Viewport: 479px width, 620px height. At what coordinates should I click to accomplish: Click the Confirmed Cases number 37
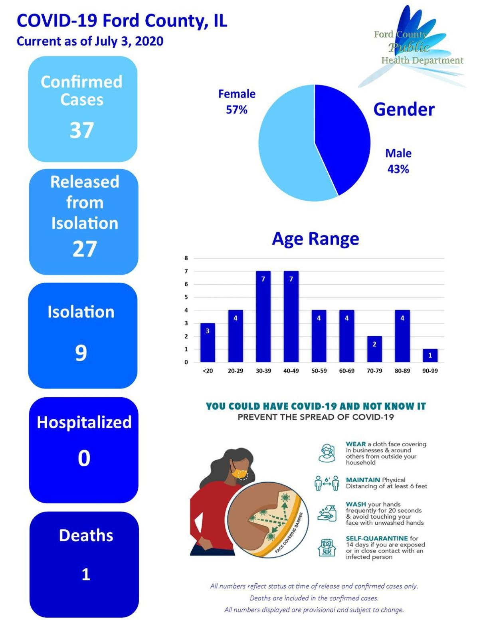82,130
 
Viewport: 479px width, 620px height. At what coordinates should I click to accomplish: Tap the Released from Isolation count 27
85,249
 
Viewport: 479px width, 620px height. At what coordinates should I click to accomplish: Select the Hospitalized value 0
84,458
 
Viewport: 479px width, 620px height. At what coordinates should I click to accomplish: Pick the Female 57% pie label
237,102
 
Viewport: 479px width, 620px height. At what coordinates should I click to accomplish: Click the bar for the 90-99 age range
430,355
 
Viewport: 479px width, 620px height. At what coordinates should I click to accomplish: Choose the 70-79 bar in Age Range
374,349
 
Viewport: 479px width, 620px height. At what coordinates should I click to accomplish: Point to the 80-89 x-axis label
402,371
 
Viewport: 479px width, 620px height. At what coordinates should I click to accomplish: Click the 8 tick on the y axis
186,258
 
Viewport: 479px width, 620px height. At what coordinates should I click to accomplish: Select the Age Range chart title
315,239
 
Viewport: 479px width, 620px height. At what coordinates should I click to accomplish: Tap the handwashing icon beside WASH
327,513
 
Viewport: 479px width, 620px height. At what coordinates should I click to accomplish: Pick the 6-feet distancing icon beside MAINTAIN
327,483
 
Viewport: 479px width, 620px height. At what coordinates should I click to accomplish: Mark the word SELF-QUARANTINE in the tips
376,539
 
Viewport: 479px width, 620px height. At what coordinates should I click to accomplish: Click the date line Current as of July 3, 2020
90,41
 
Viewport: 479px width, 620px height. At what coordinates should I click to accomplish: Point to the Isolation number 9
81,353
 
